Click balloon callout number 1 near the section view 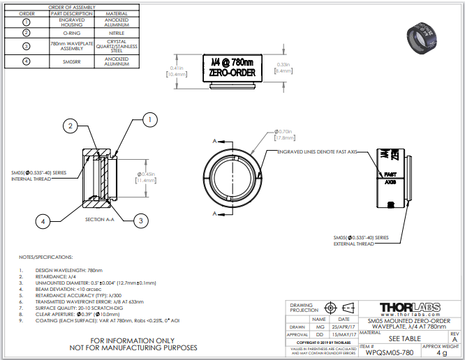pyautogui.click(x=149, y=120)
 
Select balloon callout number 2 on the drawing pyautogui.click(x=70, y=126)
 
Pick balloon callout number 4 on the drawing pyautogui.click(x=43, y=221)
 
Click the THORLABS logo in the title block pyautogui.click(x=410, y=308)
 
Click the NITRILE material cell pyautogui.click(x=116, y=33)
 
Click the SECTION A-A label pyautogui.click(x=99, y=220)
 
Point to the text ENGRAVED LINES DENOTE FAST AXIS pyautogui.click(x=317, y=151)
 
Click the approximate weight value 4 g pyautogui.click(x=441, y=353)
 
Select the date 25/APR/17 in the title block pyautogui.click(x=344, y=326)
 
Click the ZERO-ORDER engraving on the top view pyautogui.click(x=232, y=73)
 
